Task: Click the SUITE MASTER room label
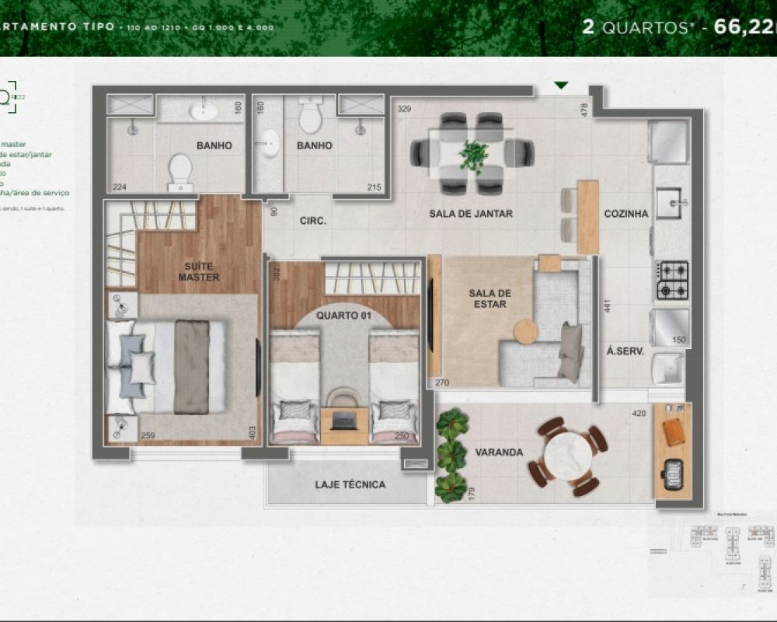(199, 271)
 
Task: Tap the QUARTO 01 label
(343, 316)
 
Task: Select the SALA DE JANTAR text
(471, 214)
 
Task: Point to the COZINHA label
(626, 214)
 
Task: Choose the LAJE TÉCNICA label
(350, 484)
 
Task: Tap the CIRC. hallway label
(313, 221)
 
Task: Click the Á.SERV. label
(625, 351)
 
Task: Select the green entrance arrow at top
(562, 86)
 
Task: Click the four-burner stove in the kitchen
(673, 281)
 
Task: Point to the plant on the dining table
(473, 154)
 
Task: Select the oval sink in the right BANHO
(270, 143)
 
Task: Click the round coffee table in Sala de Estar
(526, 331)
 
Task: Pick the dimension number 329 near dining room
(404, 110)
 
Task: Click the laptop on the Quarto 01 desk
(344, 421)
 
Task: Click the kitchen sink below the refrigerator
(668, 204)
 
